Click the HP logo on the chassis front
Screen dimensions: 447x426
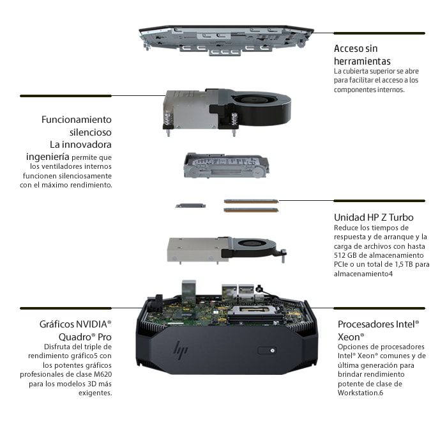pos(181,349)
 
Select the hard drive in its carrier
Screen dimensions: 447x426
pos(226,166)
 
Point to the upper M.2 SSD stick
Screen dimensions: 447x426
pos(251,201)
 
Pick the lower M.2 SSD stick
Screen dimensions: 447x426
pos(251,210)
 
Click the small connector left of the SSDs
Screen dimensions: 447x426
pos(190,205)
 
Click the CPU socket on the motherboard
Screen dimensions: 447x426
pos(252,312)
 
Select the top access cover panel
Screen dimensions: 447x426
pos(227,40)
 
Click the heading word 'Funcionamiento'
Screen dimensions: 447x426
pos(77,120)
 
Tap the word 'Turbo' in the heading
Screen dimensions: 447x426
pos(401,217)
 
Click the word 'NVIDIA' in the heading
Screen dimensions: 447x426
pos(91,324)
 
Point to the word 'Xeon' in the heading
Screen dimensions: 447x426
pos(349,337)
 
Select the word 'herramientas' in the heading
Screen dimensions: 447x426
pos(362,61)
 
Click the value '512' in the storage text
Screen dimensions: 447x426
pos(340,255)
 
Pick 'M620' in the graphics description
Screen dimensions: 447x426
pos(103,374)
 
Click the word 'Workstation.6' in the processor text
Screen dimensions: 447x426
pos(360,393)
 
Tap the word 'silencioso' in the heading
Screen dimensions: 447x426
pos(91,132)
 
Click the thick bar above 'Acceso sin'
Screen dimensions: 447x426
pos(379,33)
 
